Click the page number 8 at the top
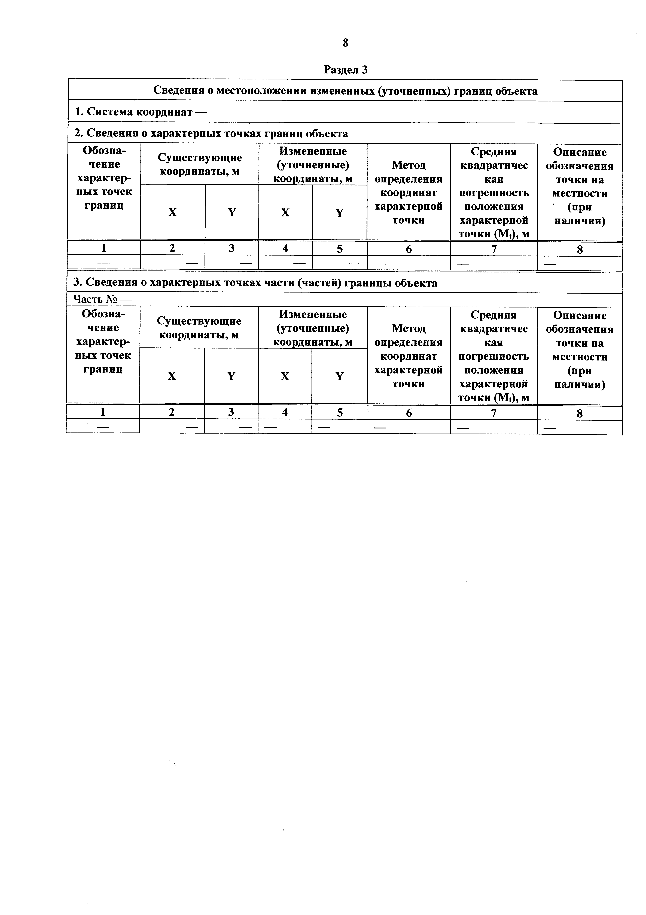click(345, 43)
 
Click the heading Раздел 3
click(345, 70)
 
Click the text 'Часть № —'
click(103, 299)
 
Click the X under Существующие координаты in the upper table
click(172, 212)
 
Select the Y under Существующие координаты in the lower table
click(231, 376)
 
